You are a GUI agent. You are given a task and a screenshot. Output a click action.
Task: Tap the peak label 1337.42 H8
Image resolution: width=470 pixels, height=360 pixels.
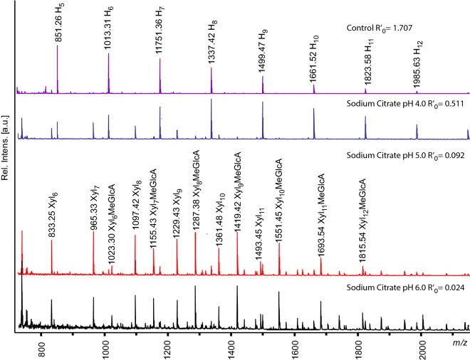[211, 44]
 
